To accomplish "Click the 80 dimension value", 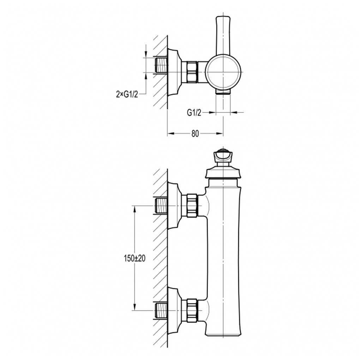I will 195,133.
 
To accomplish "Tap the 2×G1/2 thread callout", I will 126,94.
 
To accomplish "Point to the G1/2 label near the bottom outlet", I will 194,113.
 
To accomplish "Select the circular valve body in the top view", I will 223,72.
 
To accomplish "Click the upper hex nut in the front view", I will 192,205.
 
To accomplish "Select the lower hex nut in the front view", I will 192,310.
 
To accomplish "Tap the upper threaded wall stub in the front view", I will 161,205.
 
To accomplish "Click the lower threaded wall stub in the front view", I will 161,310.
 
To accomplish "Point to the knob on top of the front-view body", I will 223,156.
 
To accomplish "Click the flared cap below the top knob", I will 223,173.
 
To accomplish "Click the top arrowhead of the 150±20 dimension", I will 134,208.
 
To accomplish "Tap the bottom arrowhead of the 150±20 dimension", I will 134,308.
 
